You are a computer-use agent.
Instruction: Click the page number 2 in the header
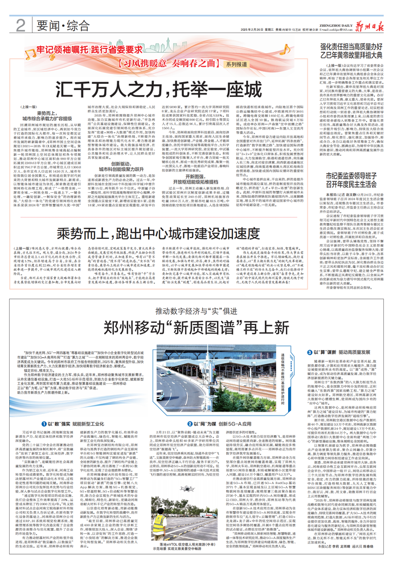coord(20,25)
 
